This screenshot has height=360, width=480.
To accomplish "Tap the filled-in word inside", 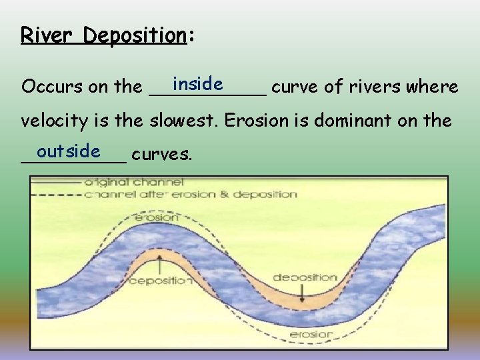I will coord(197,84).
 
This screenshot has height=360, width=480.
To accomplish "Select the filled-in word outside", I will coord(69,152).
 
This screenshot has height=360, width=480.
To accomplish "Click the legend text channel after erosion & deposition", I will coord(191,194).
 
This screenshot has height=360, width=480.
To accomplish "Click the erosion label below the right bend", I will coord(311,333).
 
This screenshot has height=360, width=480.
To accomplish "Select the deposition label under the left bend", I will coord(160,281).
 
